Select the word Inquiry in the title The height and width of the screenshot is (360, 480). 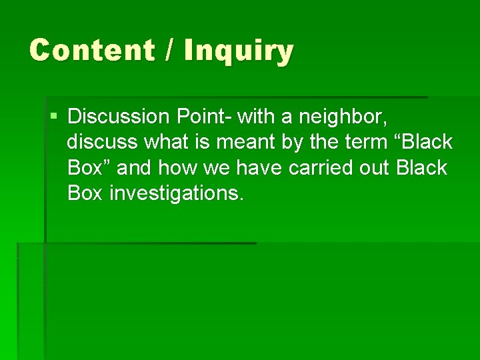tap(238, 51)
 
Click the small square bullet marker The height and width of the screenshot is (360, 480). tap(53, 117)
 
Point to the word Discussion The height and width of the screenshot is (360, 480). tap(119, 117)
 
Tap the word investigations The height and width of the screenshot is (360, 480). tap(177, 193)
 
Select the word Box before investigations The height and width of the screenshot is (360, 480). tap(85, 193)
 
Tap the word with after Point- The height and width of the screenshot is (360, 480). tap(254, 117)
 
